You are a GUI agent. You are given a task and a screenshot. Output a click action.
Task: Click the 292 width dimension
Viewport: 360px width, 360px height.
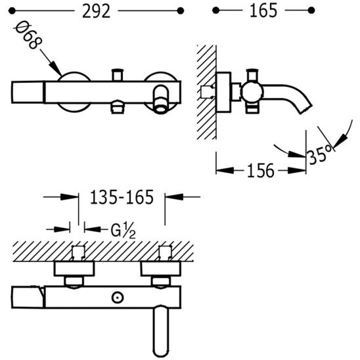click(x=96, y=11)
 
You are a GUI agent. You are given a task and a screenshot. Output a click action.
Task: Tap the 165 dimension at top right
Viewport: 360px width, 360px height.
click(x=263, y=11)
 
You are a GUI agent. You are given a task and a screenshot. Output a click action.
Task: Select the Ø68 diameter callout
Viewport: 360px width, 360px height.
click(x=28, y=35)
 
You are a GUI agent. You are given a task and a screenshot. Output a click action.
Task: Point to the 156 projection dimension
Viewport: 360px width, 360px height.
click(x=261, y=171)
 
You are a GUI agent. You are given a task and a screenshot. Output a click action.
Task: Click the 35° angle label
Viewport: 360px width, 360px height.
click(x=320, y=154)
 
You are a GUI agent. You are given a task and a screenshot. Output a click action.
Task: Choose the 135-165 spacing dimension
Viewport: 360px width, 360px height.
click(x=122, y=197)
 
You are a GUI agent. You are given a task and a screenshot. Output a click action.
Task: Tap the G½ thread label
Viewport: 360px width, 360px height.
click(x=123, y=231)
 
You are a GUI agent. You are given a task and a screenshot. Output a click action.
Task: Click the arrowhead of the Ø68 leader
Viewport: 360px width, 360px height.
click(x=55, y=68)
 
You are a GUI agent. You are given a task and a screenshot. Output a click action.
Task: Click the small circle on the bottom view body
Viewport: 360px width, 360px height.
click(x=118, y=298)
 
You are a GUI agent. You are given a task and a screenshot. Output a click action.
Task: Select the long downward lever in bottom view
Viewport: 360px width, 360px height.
click(x=161, y=330)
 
